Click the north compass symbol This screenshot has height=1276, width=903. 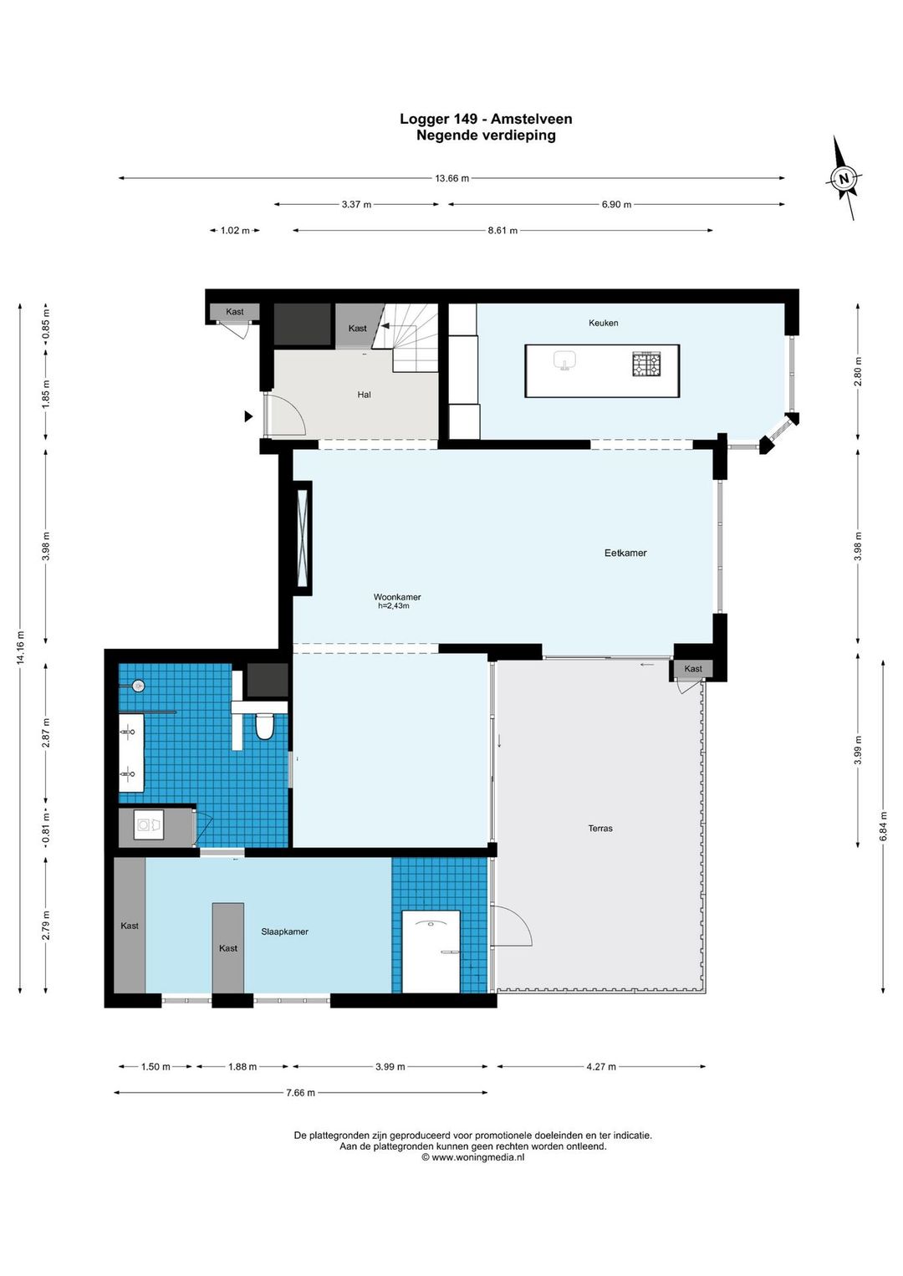click(844, 178)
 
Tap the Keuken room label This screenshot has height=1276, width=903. click(603, 323)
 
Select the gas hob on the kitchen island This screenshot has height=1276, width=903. click(645, 365)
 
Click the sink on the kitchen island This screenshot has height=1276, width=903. click(565, 360)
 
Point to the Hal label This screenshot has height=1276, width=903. click(364, 395)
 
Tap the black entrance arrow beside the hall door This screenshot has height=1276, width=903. click(248, 416)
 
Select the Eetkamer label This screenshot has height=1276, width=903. click(625, 553)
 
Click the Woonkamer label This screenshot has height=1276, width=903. click(397, 597)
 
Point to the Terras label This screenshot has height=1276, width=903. click(600, 829)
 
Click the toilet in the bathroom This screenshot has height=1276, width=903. click(265, 727)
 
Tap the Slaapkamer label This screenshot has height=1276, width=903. click(284, 931)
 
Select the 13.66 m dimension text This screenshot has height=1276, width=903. click(451, 178)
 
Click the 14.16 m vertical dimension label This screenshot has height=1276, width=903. click(21, 647)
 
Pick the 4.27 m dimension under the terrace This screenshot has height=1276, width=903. click(600, 1067)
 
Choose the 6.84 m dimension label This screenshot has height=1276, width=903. click(884, 827)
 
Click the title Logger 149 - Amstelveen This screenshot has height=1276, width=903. click(486, 119)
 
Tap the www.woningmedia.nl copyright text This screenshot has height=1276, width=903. click(473, 1157)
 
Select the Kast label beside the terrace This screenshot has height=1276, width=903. click(693, 669)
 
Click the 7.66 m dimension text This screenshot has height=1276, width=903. click(300, 1093)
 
